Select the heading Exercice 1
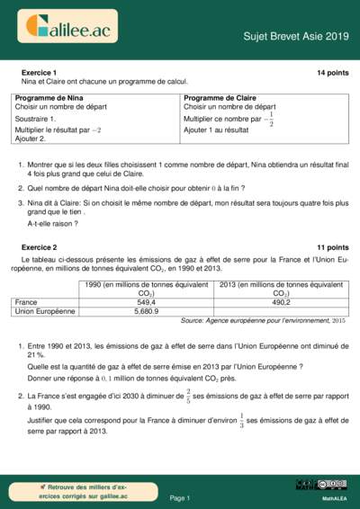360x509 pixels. tap(39, 72)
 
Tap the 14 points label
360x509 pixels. tap(332, 72)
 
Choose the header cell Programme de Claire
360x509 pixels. tap(220, 96)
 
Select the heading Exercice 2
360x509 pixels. tap(39, 246)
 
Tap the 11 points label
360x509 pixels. tap(332, 246)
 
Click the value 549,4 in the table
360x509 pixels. tap(146, 302)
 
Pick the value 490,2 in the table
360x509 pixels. tap(281, 302)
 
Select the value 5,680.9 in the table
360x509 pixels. tap(146, 311)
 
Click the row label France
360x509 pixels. tap(26, 302)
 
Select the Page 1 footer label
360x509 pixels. tap(179, 497)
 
